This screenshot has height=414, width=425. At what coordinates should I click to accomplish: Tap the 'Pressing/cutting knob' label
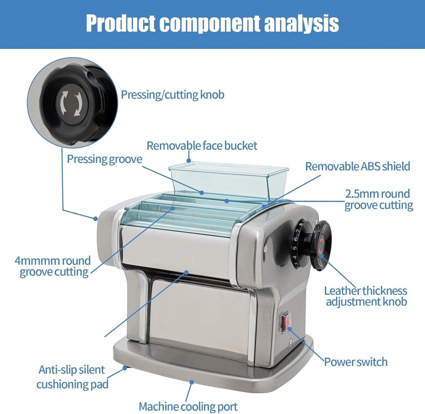(173, 95)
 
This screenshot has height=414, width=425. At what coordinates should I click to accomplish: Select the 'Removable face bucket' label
(202, 146)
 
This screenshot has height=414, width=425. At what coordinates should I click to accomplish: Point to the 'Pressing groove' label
(104, 159)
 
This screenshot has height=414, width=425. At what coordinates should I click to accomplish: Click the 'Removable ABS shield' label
(358, 166)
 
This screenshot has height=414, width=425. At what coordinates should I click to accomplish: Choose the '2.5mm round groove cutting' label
(379, 199)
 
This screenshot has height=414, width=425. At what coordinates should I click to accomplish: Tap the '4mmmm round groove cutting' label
(53, 266)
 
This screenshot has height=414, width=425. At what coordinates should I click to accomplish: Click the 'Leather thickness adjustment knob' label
(366, 296)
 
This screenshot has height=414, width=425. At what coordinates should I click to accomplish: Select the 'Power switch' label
(356, 362)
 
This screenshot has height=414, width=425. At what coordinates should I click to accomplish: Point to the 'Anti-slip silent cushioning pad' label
(72, 377)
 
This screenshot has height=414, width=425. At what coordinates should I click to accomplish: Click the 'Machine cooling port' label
(188, 407)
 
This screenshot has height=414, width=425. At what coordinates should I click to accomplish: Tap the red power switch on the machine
(286, 322)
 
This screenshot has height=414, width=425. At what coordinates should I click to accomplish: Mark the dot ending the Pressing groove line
(202, 193)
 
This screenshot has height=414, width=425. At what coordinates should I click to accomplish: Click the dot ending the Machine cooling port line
(192, 382)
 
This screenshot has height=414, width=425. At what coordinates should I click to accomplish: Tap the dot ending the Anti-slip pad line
(124, 368)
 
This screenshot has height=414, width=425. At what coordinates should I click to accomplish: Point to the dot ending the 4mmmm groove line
(173, 208)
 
